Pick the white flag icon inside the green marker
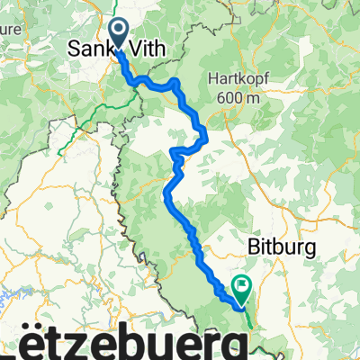pyautogui.click(x=242, y=284)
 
